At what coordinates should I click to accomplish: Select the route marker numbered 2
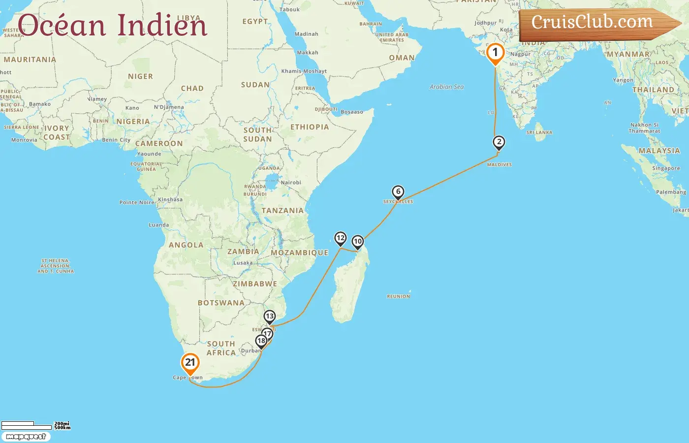(499, 143)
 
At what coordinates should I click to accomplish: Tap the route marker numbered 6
(398, 192)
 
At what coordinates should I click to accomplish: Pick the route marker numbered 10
(358, 242)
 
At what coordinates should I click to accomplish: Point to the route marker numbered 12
(341, 239)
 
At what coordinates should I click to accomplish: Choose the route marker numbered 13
(269, 316)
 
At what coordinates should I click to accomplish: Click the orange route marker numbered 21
(190, 363)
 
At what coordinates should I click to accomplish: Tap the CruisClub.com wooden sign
(595, 23)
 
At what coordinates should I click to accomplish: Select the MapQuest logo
(26, 437)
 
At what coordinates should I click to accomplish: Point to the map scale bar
(27, 425)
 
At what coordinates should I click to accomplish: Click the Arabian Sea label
(446, 87)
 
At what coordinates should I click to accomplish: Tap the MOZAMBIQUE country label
(299, 253)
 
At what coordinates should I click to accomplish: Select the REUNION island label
(398, 296)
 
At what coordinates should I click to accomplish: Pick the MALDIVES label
(499, 165)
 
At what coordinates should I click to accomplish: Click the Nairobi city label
(290, 183)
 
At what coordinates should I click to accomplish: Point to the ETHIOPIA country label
(309, 127)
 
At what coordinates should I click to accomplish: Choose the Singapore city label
(665, 168)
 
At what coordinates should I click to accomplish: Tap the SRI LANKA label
(539, 132)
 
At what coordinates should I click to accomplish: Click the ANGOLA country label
(186, 245)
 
